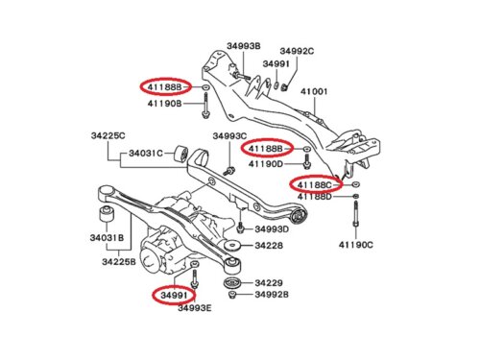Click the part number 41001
coord(314,91)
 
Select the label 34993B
coord(244,46)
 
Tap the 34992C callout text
coord(297,51)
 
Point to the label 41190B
coord(164,104)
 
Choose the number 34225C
coord(108,135)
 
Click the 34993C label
coord(229,136)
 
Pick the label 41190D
coord(266,164)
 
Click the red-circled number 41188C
coord(315,184)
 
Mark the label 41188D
coord(315,196)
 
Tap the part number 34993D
coord(272,229)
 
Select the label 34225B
coord(119,261)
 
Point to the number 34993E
coord(195,308)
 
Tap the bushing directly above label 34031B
coord(107,214)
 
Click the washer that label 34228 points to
coord(232,246)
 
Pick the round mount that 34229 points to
coord(231,283)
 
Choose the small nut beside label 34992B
coord(232,295)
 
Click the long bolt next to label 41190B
coord(205,106)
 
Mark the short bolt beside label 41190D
coord(307,161)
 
